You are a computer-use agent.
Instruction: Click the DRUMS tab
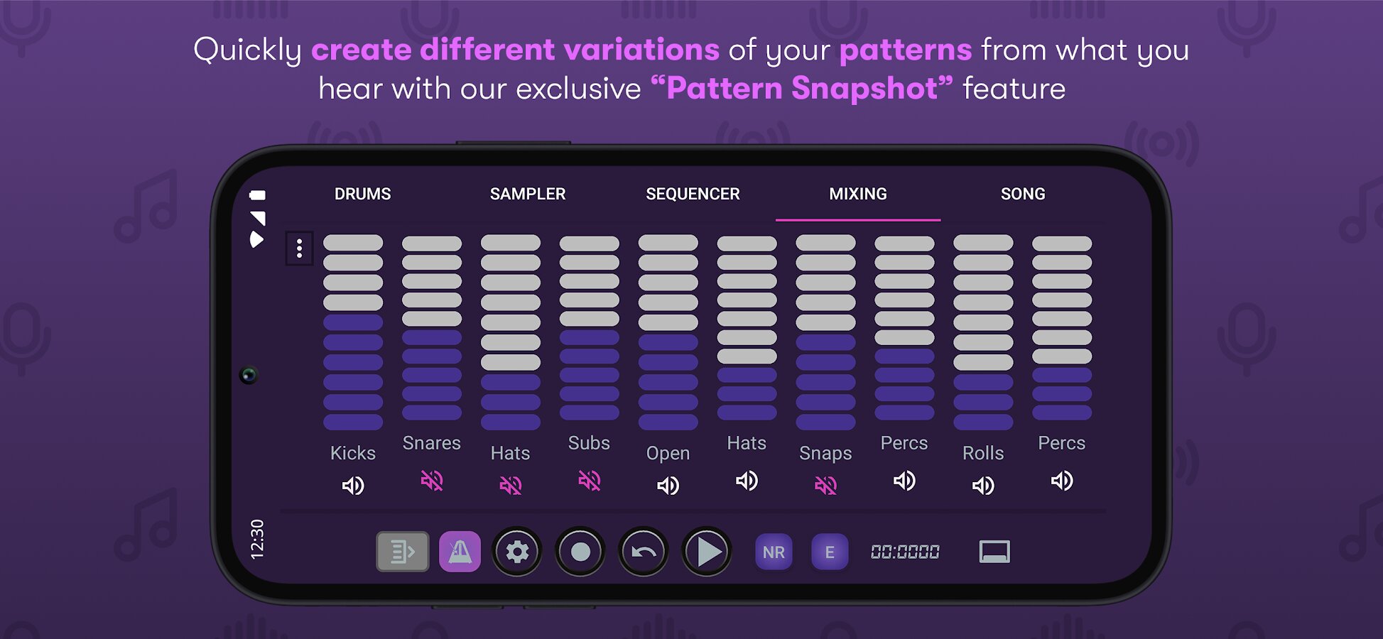point(362,194)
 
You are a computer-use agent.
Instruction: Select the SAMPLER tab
point(528,194)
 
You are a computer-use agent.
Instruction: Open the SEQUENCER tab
point(693,194)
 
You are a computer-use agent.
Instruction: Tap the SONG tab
point(1023,194)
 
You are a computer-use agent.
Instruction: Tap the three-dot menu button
point(299,248)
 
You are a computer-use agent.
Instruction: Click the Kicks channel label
point(353,453)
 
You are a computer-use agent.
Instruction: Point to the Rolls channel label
point(983,453)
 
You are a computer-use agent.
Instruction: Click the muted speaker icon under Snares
point(432,481)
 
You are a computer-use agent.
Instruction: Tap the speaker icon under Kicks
point(353,486)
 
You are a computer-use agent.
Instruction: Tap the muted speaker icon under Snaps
point(825,486)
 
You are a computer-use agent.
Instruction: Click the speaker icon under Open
point(668,486)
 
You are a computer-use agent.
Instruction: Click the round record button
point(580,552)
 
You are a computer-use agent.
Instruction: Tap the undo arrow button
point(644,552)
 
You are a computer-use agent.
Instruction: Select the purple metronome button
point(460,552)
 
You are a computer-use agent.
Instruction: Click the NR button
point(774,552)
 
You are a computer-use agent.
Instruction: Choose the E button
point(830,552)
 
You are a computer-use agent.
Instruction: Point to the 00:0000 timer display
point(905,552)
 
